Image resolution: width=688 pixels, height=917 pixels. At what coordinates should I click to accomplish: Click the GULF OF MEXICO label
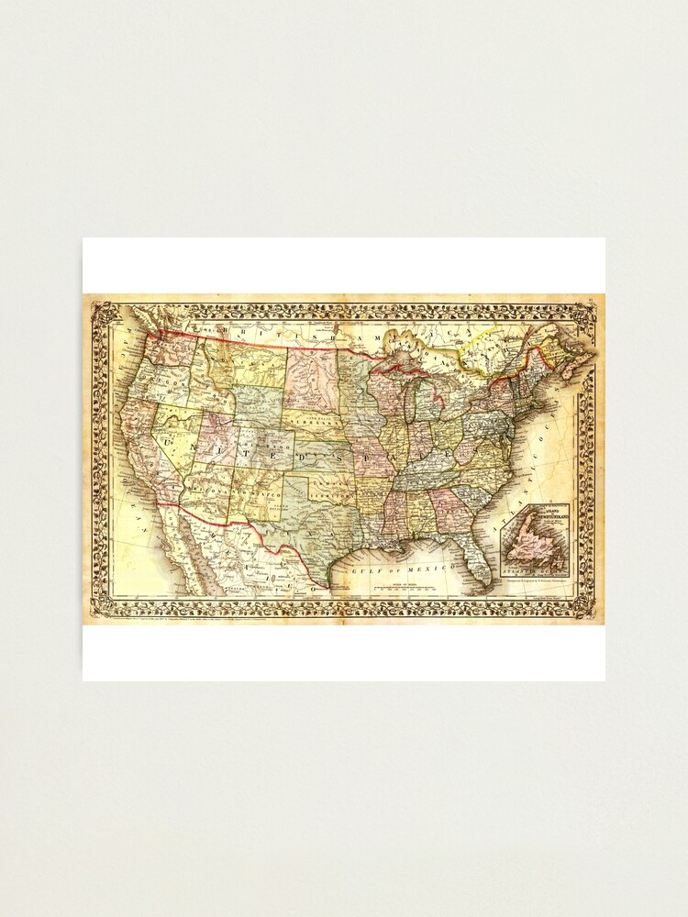click(404, 569)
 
